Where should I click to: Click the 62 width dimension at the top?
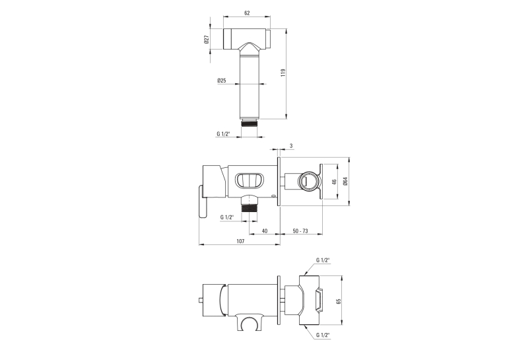click(247, 13)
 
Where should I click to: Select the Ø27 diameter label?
click(207, 40)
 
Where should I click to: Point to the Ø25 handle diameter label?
click(222, 81)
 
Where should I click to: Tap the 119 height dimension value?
click(283, 73)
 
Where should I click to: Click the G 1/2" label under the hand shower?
click(223, 133)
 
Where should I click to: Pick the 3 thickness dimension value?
click(291, 146)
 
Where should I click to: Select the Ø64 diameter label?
click(345, 182)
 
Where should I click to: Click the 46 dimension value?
click(334, 182)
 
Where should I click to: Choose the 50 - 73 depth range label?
click(300, 231)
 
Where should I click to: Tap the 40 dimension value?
click(265, 231)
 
